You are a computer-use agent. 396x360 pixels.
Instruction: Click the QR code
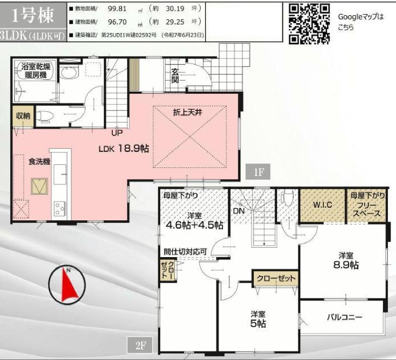(x=309, y=24)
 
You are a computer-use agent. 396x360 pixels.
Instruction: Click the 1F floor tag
(x=258, y=172)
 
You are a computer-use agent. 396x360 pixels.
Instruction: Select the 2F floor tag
(x=140, y=345)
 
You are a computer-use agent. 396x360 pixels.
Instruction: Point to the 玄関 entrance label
(x=175, y=75)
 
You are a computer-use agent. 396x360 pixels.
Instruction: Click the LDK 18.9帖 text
(x=123, y=148)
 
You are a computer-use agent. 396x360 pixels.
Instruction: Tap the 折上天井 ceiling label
(x=187, y=112)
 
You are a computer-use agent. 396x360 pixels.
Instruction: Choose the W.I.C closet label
(x=322, y=205)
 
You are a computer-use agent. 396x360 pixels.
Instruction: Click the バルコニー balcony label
(x=345, y=317)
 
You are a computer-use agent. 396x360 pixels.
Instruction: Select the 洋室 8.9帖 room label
(x=346, y=261)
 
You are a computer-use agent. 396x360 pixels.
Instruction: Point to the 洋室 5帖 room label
(x=258, y=320)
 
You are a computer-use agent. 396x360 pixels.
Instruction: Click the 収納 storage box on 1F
(x=23, y=116)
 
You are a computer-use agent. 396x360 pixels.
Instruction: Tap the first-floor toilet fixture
(x=45, y=116)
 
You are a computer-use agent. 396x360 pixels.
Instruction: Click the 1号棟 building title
(x=33, y=16)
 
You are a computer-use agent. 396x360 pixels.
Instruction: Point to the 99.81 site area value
(x=117, y=9)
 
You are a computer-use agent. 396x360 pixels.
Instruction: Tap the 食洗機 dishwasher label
(x=39, y=162)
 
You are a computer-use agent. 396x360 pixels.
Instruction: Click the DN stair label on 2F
(x=239, y=211)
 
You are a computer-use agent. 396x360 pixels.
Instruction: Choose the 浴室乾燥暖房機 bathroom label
(x=36, y=71)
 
